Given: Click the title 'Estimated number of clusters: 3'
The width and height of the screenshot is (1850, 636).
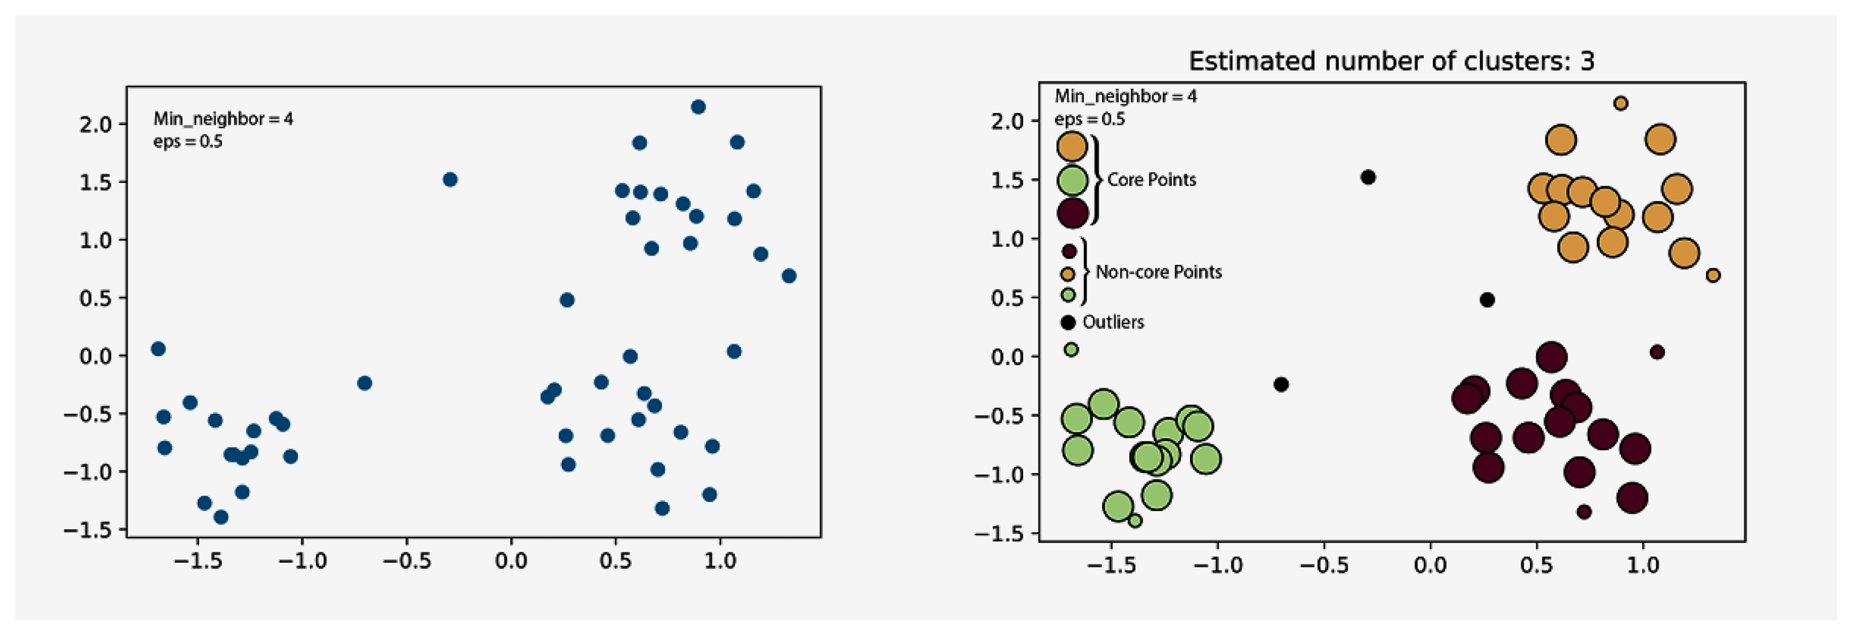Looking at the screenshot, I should coord(1391,61).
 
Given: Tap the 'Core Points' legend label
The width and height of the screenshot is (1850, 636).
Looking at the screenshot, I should coord(1151,179).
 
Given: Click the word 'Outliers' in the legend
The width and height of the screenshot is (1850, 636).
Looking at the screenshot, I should coord(1112,322).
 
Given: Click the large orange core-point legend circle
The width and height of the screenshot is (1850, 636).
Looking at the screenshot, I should coord(1071,147).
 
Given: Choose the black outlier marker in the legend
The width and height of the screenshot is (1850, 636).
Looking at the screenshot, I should coord(1068,323).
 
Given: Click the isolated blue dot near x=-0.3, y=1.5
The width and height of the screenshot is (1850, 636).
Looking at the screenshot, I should coord(449,179).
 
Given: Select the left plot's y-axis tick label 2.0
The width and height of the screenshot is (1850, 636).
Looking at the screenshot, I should coord(95,124).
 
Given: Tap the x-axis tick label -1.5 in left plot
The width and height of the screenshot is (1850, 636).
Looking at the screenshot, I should coord(197,560).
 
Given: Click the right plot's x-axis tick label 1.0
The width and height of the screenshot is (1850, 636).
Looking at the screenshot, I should coord(1642,566).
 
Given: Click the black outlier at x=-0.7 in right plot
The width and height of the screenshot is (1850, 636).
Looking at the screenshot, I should coord(1280,384).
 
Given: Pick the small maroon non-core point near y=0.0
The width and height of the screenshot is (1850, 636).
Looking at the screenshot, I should coord(1657,352).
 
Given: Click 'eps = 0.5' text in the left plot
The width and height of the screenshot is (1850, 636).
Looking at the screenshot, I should coord(187,141).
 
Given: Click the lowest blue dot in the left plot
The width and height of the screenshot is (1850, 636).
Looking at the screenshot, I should coord(221,517).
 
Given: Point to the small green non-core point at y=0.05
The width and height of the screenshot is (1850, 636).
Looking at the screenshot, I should coord(1071,350).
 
